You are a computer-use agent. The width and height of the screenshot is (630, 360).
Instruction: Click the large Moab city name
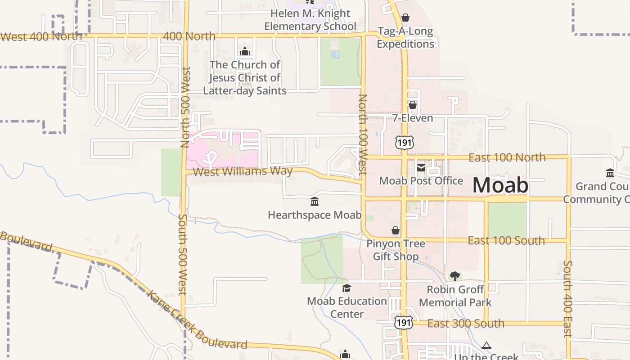(500, 185)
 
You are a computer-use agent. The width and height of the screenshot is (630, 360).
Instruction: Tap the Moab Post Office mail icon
(421, 168)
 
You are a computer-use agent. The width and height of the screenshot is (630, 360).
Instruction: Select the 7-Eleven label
(413, 118)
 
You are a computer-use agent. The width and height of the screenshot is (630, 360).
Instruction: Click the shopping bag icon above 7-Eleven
(413, 105)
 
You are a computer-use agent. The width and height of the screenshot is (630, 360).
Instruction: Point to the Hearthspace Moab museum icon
(315, 202)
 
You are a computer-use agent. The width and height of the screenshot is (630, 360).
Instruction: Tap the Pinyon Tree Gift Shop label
(396, 250)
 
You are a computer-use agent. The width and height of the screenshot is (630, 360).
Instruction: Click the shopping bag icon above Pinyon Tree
(396, 231)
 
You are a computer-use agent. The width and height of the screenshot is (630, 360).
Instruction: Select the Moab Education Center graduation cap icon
(346, 288)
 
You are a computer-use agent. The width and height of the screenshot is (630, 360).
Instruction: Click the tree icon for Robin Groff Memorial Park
(455, 276)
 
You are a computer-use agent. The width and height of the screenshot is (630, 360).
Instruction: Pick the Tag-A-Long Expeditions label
(405, 38)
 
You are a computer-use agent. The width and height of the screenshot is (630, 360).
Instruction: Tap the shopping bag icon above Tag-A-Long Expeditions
(405, 18)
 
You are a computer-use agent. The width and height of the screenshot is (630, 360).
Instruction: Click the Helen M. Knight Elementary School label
(310, 20)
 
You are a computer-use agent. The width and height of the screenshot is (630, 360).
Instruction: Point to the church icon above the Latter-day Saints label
(245, 52)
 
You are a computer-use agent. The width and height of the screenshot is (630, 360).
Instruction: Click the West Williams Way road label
(243, 171)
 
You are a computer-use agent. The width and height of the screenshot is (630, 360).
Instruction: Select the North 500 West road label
(186, 107)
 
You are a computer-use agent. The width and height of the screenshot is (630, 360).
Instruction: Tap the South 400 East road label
(568, 298)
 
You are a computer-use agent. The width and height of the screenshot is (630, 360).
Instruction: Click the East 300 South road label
(466, 324)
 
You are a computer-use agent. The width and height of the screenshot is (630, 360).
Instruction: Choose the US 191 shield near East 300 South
(403, 323)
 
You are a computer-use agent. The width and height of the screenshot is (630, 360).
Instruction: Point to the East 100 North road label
(507, 157)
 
